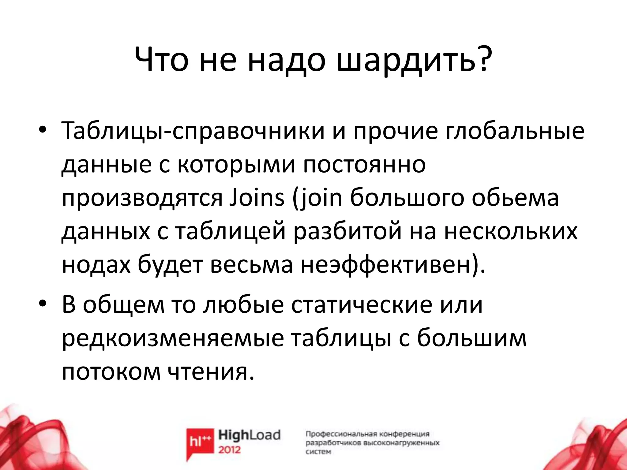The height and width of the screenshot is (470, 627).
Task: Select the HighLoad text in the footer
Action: tap(249, 435)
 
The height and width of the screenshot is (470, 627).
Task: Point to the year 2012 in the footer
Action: tap(230, 450)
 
